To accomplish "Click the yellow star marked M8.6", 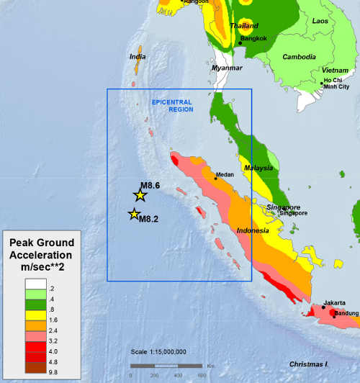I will [x=140, y=195].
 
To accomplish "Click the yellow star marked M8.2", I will [x=134, y=214].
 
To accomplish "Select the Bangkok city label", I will [x=253, y=37].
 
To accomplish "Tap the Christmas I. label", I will [x=309, y=364].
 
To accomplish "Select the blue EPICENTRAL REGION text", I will [x=174, y=107].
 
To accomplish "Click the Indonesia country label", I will [x=253, y=230].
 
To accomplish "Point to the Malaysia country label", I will [x=258, y=168].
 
